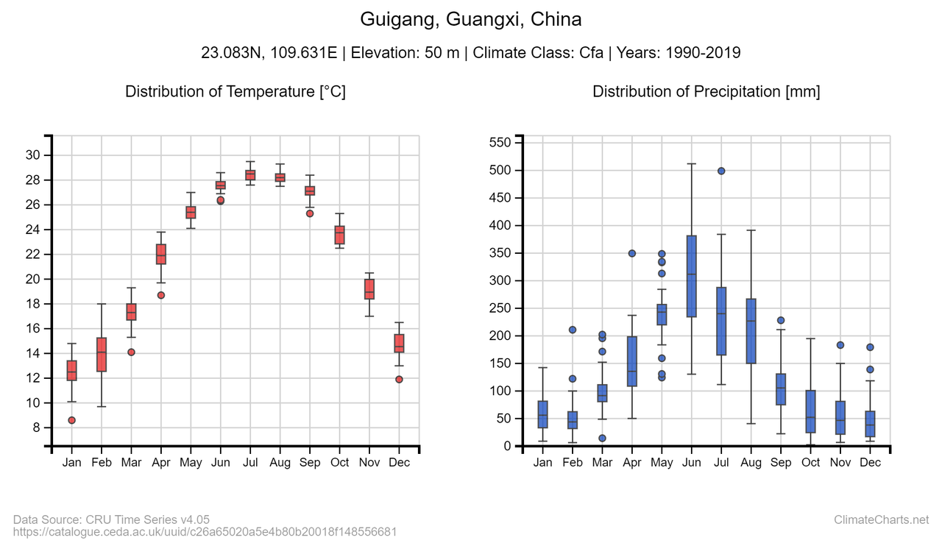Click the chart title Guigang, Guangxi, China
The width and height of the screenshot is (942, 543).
click(x=471, y=19)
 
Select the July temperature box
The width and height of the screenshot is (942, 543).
click(x=250, y=175)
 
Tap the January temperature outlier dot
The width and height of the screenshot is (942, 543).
click(x=71, y=420)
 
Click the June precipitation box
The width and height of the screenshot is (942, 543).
click(x=692, y=276)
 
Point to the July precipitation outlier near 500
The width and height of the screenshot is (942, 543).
click(x=721, y=171)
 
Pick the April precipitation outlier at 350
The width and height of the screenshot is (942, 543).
click(x=632, y=253)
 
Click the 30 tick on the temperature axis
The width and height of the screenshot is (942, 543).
click(x=32, y=155)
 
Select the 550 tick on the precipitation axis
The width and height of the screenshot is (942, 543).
click(x=500, y=143)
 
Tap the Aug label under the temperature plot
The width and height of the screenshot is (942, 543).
click(x=280, y=463)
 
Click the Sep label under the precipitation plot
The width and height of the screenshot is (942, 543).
click(x=781, y=463)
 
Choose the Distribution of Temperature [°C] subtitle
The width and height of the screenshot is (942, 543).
click(x=235, y=92)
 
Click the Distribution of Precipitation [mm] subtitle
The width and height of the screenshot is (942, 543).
click(x=706, y=92)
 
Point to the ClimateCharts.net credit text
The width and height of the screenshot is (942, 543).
click(x=881, y=520)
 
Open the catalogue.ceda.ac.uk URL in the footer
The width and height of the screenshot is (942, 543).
click(x=205, y=531)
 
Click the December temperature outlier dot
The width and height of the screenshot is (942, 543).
click(x=399, y=380)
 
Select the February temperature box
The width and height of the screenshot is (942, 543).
click(x=102, y=355)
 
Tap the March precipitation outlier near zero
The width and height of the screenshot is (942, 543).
click(x=602, y=438)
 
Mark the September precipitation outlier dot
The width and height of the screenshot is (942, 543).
click(x=781, y=320)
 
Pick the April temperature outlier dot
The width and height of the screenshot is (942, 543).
click(x=161, y=295)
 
